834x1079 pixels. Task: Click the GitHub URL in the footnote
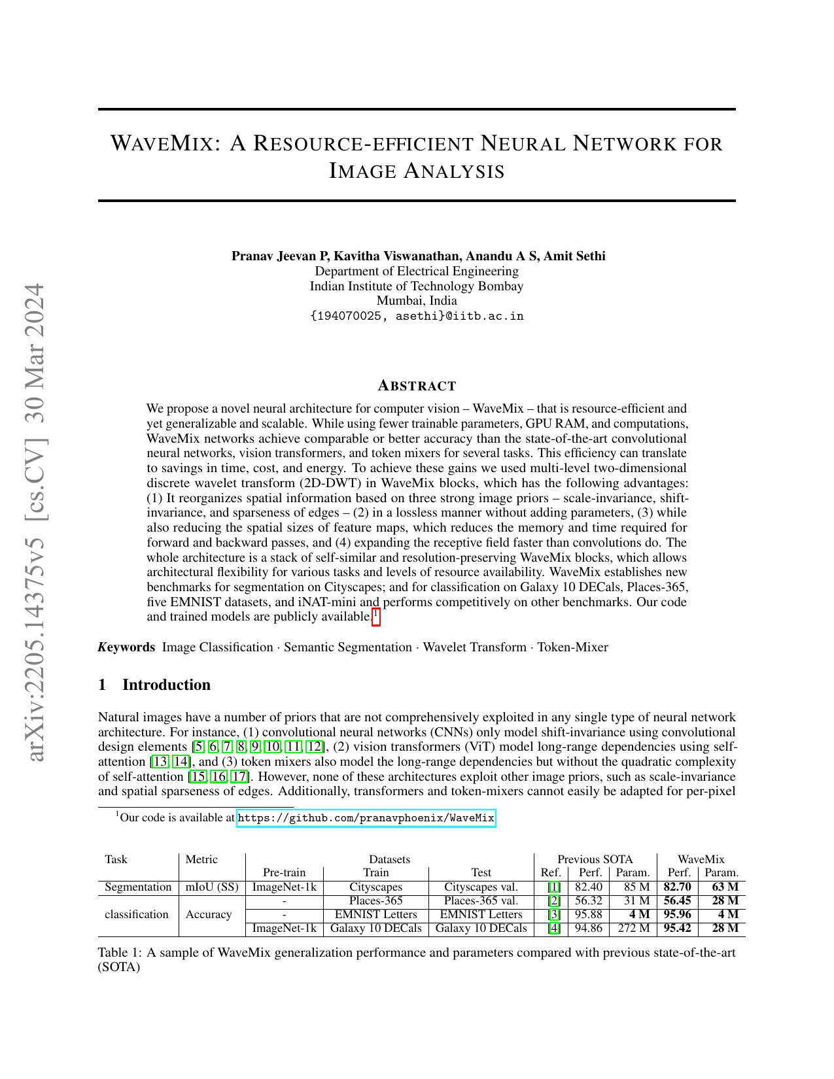pyautogui.click(x=366, y=818)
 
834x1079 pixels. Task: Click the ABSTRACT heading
pyautogui.click(x=417, y=386)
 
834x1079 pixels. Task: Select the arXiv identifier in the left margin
pyautogui.click(x=37, y=523)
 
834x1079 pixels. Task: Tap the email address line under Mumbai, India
pyautogui.click(x=417, y=317)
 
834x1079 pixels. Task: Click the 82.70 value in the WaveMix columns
pyautogui.click(x=677, y=887)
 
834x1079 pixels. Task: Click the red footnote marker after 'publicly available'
pyautogui.click(x=375, y=616)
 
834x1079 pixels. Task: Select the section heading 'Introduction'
pyautogui.click(x=166, y=685)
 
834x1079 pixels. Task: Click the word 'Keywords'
pyautogui.click(x=126, y=647)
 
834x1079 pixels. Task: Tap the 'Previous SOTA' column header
pyautogui.click(x=595, y=859)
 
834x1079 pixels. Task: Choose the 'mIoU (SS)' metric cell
pyautogui.click(x=212, y=887)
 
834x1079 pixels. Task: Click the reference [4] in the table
pyautogui.click(x=554, y=928)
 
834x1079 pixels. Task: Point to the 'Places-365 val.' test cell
pyautogui.click(x=481, y=901)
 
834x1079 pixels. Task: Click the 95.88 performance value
pyautogui.click(x=588, y=914)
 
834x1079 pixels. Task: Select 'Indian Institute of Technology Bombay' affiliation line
pyautogui.click(x=417, y=286)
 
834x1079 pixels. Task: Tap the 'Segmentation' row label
pyautogui.click(x=137, y=887)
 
